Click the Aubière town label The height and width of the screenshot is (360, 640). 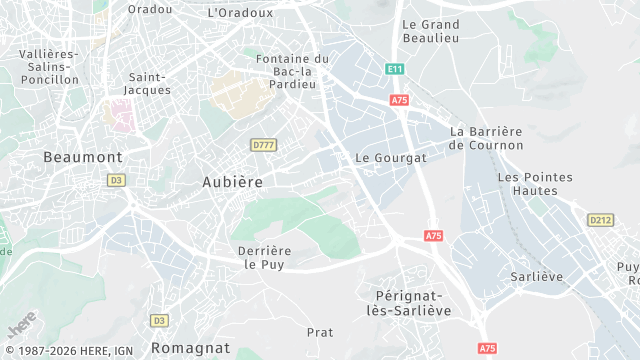[x=232, y=182]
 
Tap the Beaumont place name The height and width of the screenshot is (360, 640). [x=83, y=157]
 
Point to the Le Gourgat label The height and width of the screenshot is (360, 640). [x=391, y=158]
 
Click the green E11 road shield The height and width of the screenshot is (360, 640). [x=394, y=69]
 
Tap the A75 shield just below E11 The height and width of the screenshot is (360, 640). [x=400, y=100]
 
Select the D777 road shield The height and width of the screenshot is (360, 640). [x=264, y=145]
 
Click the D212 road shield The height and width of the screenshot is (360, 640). [x=600, y=220]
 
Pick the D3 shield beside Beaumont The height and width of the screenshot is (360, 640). [x=117, y=180]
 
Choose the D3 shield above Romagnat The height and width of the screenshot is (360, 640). [x=159, y=320]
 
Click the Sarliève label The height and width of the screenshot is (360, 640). [x=537, y=276]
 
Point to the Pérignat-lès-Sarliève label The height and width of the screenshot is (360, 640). [x=413, y=303]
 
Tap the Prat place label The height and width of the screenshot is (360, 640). [x=320, y=332]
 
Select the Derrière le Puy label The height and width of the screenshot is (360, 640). [x=264, y=257]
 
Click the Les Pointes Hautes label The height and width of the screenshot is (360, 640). [x=535, y=184]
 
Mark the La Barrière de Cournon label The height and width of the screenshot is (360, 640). [x=486, y=138]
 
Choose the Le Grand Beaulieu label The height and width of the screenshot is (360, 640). [x=430, y=31]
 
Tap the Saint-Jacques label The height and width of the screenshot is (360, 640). [x=149, y=83]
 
